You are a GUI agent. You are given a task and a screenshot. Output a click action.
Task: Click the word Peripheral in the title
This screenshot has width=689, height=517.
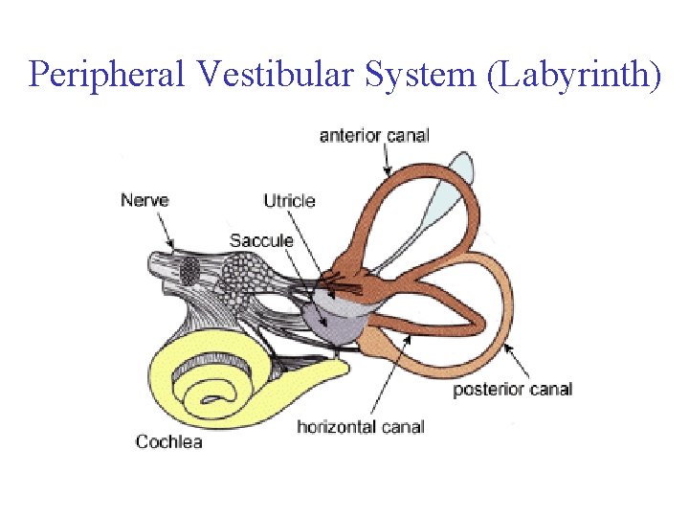pos(104,74)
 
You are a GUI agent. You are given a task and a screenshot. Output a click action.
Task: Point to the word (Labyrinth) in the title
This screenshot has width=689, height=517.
pos(573,74)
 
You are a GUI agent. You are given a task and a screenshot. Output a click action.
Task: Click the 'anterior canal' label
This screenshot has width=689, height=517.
pos(374,135)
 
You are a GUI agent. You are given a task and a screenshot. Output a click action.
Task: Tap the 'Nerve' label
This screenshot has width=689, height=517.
pos(144,200)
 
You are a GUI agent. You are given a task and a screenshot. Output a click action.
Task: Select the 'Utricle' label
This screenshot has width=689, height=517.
pos(289,200)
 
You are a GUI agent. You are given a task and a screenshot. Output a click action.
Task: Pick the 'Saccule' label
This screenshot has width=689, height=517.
pos(261,239)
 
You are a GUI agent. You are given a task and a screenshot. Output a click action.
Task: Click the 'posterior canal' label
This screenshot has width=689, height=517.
pos(512,389)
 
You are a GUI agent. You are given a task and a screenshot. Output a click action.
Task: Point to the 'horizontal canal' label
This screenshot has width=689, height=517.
pos(360,426)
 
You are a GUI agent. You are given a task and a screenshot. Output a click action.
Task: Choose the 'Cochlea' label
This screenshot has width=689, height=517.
pos(169,441)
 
